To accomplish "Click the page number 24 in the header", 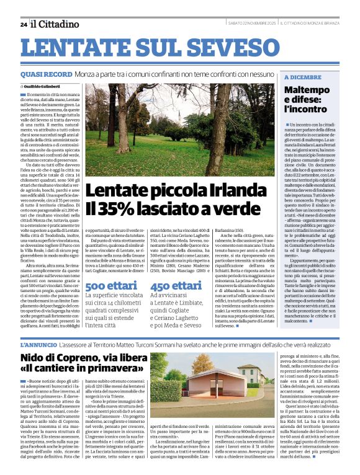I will pos(23,24).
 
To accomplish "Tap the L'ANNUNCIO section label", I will pos(40,344).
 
